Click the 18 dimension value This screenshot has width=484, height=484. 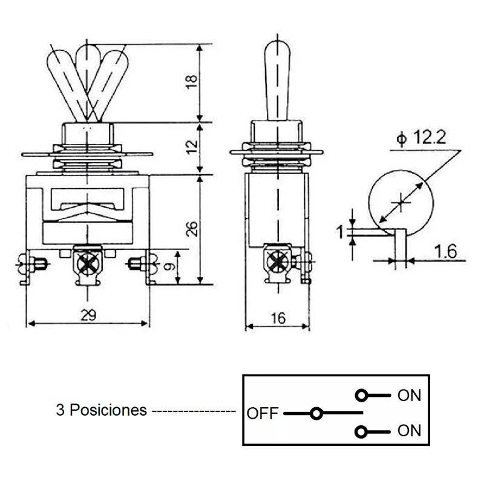(192, 82)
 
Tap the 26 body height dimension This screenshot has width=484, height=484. (192, 228)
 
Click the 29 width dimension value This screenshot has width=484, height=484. (88, 315)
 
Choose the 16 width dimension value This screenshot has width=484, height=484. (278, 318)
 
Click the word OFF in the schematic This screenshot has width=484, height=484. (262, 414)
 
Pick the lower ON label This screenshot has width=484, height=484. (408, 431)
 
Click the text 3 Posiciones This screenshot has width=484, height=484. (101, 410)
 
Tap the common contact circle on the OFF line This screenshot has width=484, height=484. (315, 414)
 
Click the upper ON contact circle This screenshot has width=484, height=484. (362, 396)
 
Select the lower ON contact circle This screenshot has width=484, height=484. (362, 431)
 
